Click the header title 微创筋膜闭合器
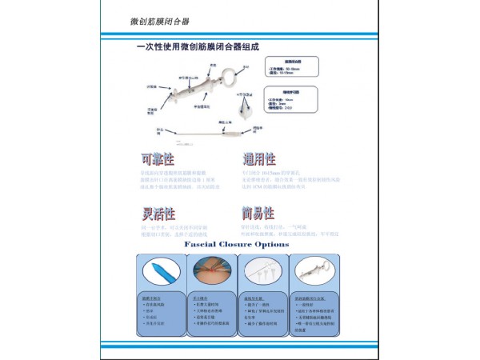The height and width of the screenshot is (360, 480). (x=165, y=20)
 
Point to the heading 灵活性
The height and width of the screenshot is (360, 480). (x=158, y=214)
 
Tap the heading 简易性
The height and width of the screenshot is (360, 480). (x=258, y=214)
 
